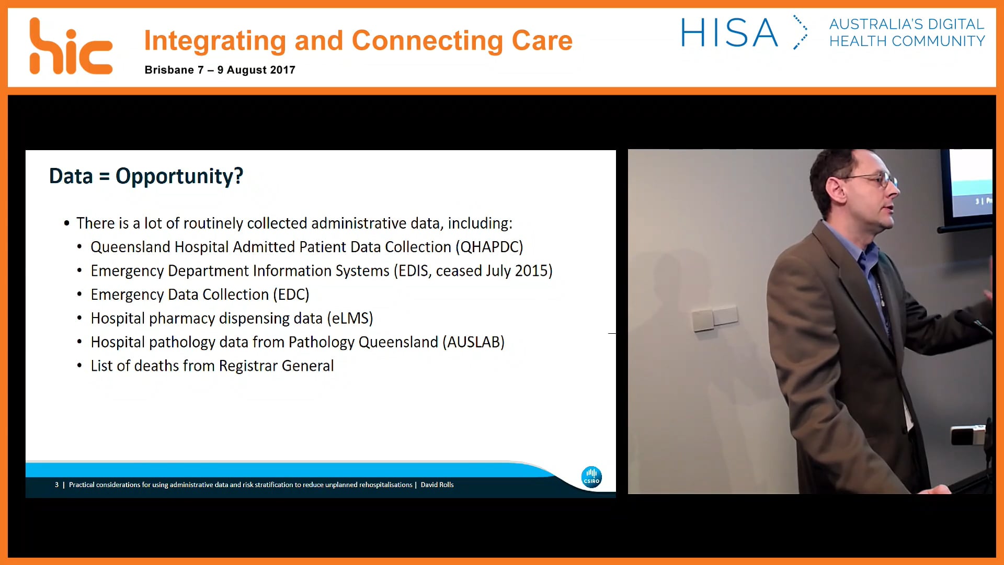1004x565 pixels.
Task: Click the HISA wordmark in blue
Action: pyautogui.click(x=729, y=33)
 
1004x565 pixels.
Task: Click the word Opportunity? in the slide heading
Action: pyautogui.click(x=179, y=176)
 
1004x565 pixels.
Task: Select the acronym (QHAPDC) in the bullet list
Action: pyautogui.click(x=489, y=247)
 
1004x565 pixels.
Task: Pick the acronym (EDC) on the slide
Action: pyautogui.click(x=291, y=295)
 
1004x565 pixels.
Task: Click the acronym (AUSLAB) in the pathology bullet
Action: pyautogui.click(x=473, y=342)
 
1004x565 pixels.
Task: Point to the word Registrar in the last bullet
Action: pyautogui.click(x=248, y=366)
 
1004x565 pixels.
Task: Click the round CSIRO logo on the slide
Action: pyautogui.click(x=591, y=477)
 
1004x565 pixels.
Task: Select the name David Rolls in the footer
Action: pyautogui.click(x=437, y=485)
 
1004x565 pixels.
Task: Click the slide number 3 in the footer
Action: pyautogui.click(x=56, y=485)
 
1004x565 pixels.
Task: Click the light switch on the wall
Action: pyautogui.click(x=714, y=317)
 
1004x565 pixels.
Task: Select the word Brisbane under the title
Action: pyautogui.click(x=169, y=70)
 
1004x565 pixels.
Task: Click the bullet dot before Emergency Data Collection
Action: pyautogui.click(x=79, y=295)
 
